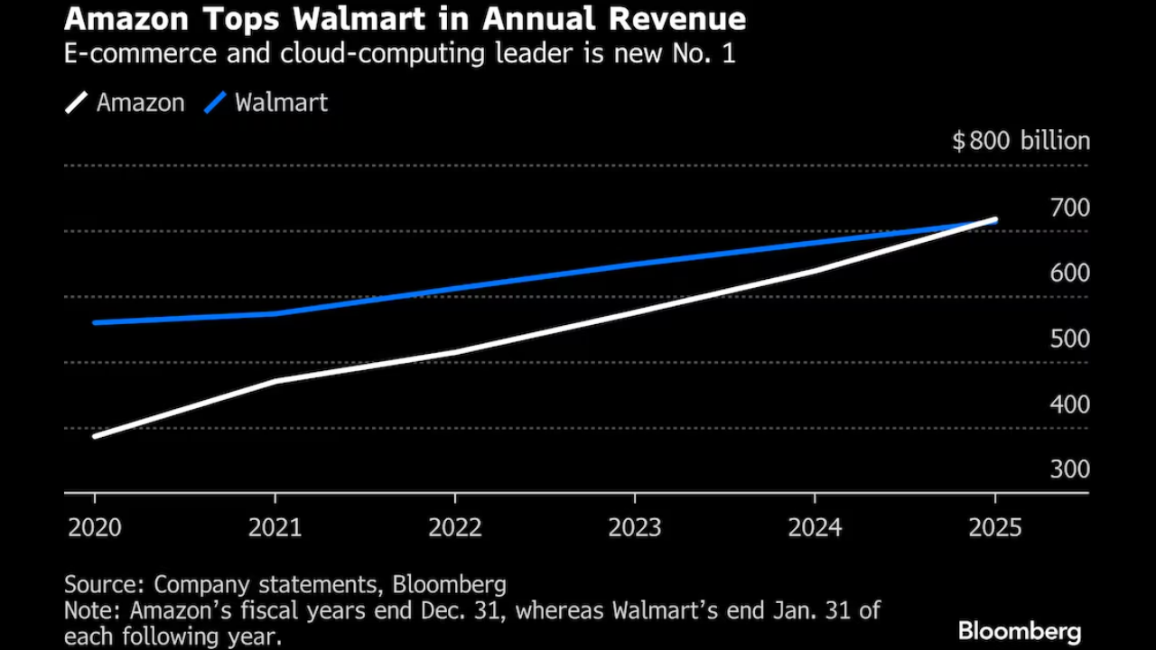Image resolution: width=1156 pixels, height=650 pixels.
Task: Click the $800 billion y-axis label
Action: [x=1021, y=142]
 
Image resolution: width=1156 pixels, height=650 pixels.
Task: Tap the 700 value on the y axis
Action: [x=1070, y=208]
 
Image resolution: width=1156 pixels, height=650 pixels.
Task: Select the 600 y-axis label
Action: [x=1070, y=274]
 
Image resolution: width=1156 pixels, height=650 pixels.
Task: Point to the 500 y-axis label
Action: [x=1070, y=339]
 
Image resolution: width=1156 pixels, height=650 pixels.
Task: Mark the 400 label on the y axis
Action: [x=1070, y=405]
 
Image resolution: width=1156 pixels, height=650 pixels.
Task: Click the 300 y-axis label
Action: [x=1070, y=470]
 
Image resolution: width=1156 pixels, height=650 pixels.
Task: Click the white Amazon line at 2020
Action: [x=96, y=436]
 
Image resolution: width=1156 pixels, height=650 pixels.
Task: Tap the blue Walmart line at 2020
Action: [x=96, y=322]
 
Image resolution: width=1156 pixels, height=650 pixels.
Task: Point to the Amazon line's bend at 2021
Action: [x=275, y=381]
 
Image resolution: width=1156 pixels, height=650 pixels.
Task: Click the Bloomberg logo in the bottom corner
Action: [x=1020, y=631]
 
